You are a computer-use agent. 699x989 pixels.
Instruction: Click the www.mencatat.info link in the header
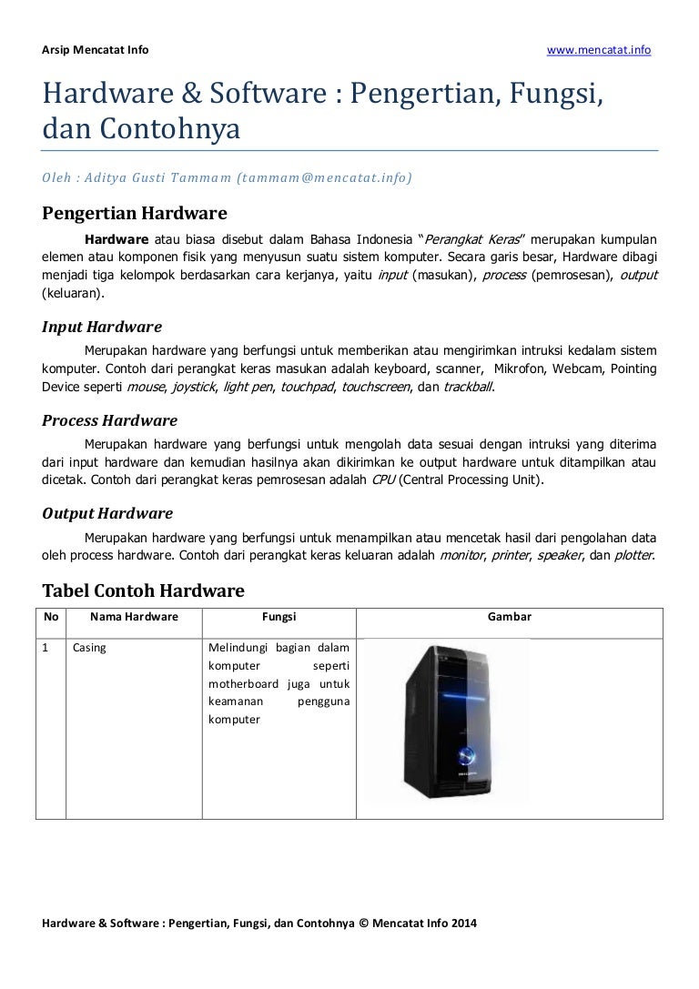pos(598,49)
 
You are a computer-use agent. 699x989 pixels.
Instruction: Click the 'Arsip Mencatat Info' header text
pos(96,49)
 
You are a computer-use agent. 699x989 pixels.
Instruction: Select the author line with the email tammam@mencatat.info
pos(227,179)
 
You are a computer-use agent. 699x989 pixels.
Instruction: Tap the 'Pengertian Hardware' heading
pos(135,215)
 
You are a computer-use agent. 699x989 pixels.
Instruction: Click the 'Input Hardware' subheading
pos(102,327)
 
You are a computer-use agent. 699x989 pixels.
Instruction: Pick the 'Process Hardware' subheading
pos(110,420)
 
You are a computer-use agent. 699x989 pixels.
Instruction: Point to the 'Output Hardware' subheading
pos(107,513)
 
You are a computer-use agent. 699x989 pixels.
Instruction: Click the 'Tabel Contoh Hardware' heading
pos(144,591)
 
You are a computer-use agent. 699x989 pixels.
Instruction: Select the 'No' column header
pos(51,617)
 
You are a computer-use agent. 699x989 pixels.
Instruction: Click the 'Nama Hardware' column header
pos(133,617)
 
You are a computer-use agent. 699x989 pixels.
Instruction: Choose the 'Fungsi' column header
pos(279,617)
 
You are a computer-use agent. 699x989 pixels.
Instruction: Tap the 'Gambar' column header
pos(510,617)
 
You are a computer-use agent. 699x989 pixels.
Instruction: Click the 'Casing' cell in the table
pos(89,649)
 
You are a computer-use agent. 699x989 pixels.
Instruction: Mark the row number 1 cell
pos(46,649)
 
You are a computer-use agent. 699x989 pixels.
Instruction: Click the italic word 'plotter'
pos(632,554)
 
